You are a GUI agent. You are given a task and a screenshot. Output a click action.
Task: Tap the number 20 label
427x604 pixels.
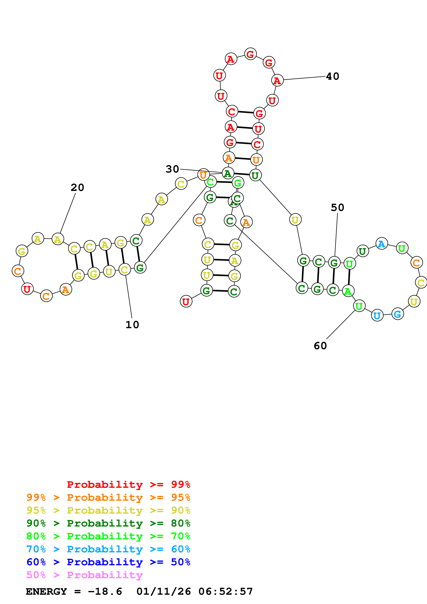click(77, 188)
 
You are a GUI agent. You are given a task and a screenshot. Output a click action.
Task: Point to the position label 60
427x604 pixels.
click(320, 346)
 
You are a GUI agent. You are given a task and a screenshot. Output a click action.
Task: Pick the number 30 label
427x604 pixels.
click(172, 169)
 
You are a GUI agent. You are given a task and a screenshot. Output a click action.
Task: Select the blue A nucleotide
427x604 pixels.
click(382, 244)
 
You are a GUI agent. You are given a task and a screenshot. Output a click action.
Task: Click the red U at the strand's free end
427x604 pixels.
click(186, 301)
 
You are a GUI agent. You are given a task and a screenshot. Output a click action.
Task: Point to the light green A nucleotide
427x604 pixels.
click(348, 291)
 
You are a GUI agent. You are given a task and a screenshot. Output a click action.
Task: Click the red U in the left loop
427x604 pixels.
click(27, 289)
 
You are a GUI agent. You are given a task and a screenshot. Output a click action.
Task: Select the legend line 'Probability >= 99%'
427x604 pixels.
click(128, 484)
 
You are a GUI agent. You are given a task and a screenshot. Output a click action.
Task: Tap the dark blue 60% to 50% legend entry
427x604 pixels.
click(108, 562)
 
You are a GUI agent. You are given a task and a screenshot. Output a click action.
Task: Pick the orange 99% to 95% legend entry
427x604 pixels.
click(108, 497)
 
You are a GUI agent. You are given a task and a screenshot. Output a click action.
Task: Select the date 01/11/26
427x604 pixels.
click(163, 591)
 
